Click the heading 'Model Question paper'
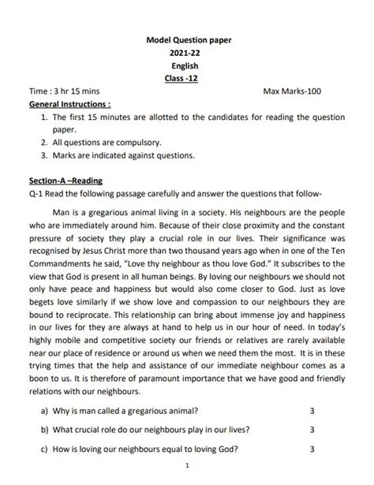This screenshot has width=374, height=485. [x=186, y=39]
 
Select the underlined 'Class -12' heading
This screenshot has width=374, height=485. [x=186, y=79]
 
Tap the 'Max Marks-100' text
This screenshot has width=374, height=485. [x=293, y=91]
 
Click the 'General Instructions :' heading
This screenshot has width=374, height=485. [x=69, y=104]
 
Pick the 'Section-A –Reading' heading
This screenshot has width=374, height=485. [x=71, y=181]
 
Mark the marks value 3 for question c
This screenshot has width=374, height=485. [x=312, y=450]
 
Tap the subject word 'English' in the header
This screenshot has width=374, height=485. [x=186, y=65]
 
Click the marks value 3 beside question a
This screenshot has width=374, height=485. [x=312, y=412]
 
